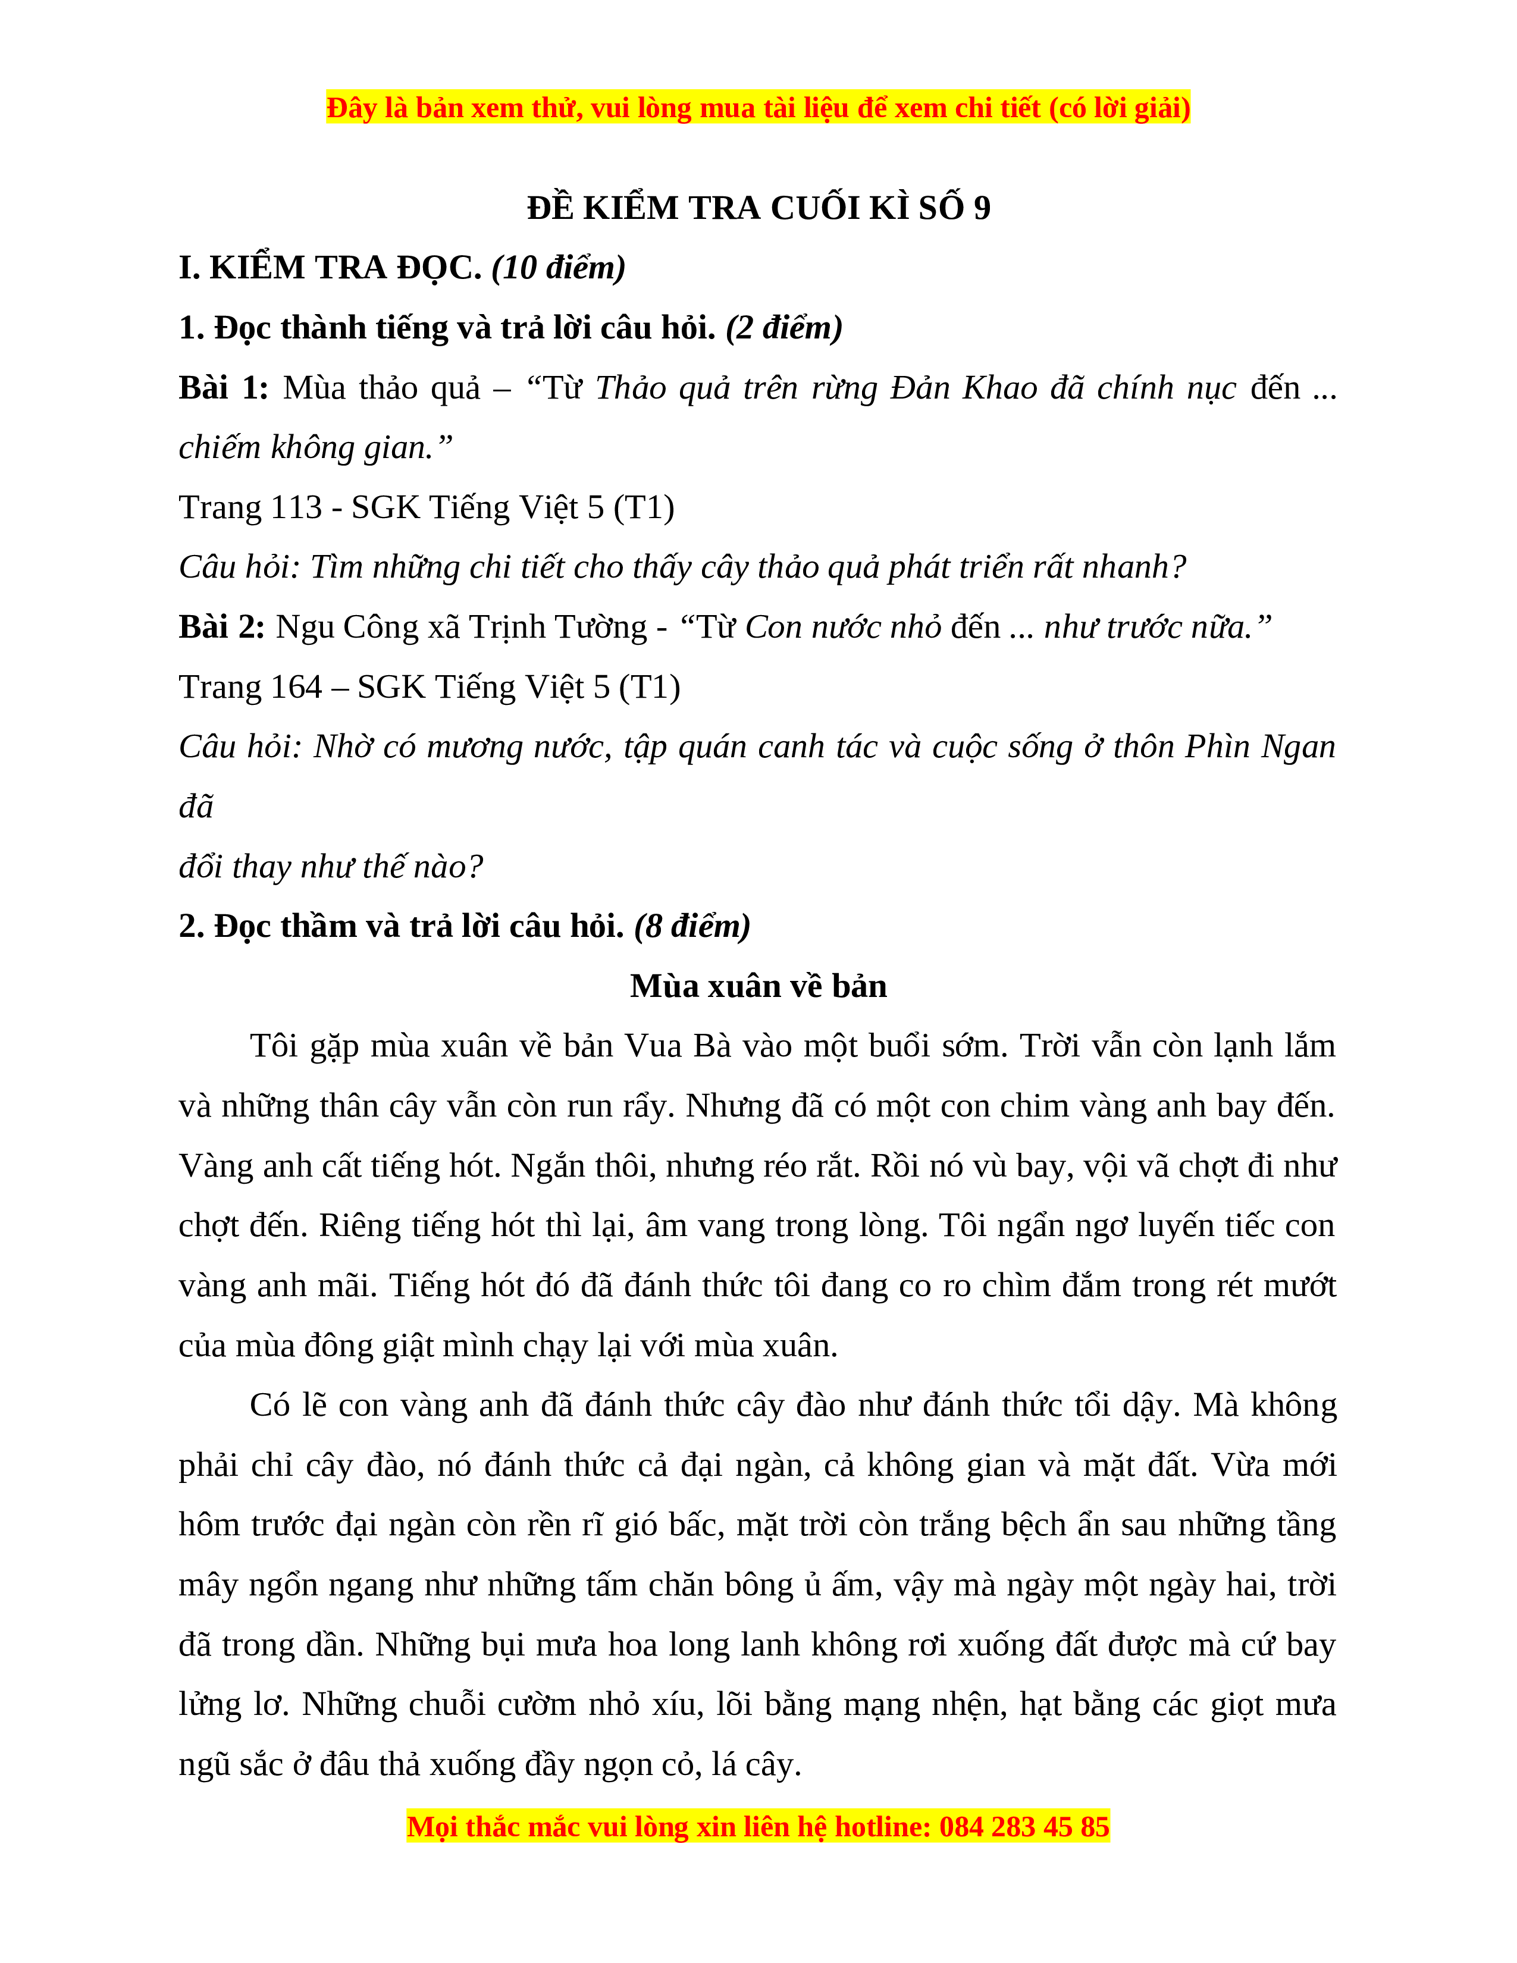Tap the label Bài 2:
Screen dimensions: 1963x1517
[222, 626]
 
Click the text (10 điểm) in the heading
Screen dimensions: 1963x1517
[558, 267]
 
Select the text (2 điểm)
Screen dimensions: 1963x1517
[783, 327]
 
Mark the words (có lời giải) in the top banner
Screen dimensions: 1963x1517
[1120, 108]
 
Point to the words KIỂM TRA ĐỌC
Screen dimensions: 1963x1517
[344, 267]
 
